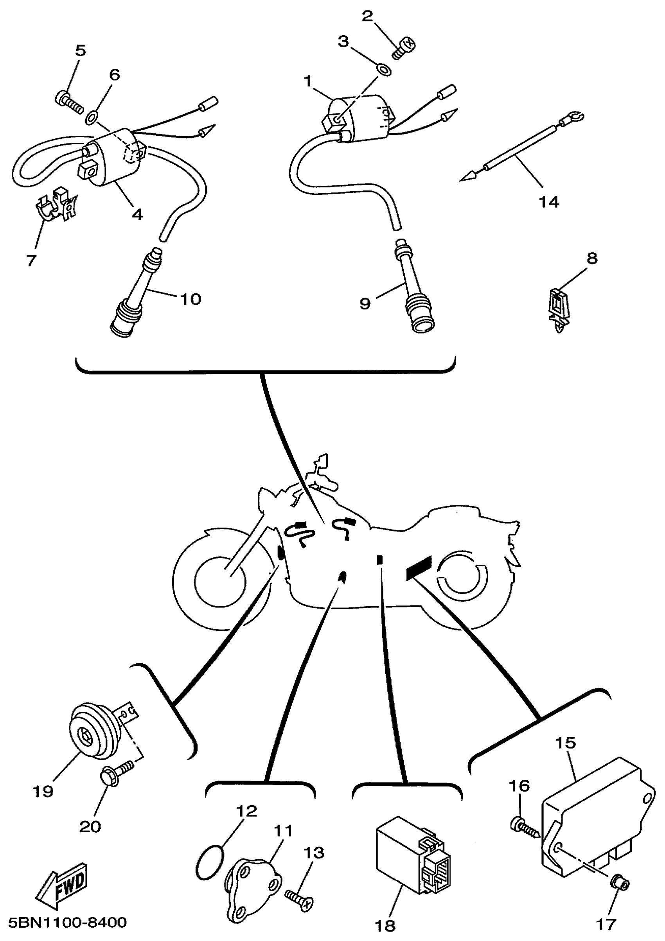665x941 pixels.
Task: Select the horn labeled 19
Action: tap(93, 736)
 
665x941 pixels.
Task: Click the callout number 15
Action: tap(566, 742)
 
